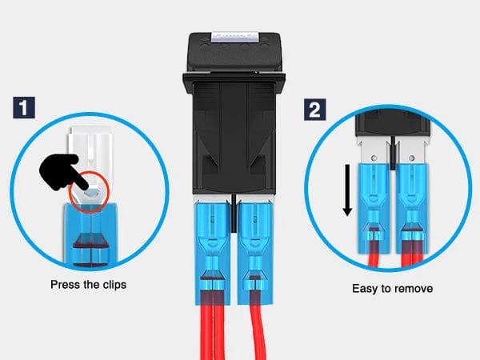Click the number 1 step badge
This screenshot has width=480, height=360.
tap(24, 107)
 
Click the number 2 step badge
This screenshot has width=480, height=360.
tap(314, 110)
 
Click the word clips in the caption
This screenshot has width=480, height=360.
tap(114, 285)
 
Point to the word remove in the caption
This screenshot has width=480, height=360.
tap(414, 289)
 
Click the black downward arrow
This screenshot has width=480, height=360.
tap(347, 190)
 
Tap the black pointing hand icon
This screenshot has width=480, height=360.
tap(62, 172)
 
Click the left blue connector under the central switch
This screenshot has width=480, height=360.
tap(213, 253)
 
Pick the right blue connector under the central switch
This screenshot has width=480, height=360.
tap(255, 253)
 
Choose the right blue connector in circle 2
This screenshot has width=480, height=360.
tap(412, 208)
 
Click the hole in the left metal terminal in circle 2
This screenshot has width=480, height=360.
tap(374, 158)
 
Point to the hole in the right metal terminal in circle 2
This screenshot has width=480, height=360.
tap(412, 158)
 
